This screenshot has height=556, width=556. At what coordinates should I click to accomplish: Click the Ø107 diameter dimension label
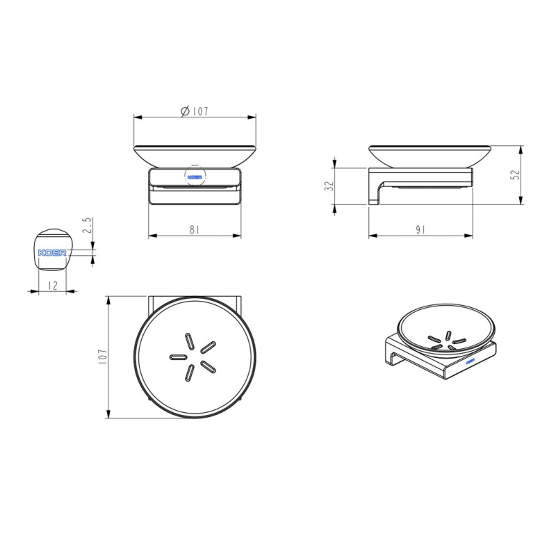(x=195, y=111)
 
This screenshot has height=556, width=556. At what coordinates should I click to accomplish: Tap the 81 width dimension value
(x=195, y=230)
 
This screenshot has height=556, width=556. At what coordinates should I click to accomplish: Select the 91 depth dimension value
(x=420, y=230)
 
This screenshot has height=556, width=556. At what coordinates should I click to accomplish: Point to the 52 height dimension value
(x=516, y=174)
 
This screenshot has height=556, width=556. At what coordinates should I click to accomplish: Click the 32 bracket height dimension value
(x=329, y=186)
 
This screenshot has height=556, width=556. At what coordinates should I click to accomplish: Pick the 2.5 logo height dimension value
(x=88, y=225)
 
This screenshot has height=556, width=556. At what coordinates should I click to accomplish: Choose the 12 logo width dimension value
(x=52, y=286)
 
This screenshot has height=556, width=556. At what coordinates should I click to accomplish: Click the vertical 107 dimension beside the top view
(x=102, y=357)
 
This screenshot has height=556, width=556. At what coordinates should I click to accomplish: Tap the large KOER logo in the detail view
(x=52, y=252)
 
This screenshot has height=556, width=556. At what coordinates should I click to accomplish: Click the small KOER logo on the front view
(x=195, y=177)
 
